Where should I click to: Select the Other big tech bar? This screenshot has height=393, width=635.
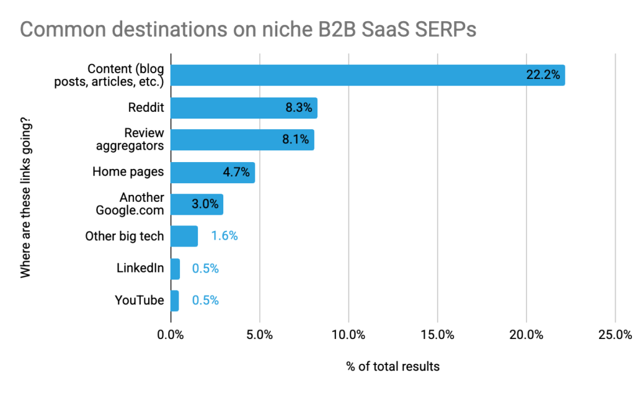(x=184, y=236)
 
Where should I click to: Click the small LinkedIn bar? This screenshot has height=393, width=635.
(x=175, y=268)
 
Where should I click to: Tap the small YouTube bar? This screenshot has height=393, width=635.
(x=174, y=300)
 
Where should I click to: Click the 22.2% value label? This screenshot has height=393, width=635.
(x=543, y=75)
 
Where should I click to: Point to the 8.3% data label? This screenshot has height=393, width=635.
(x=298, y=107)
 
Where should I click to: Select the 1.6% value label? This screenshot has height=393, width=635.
(x=224, y=236)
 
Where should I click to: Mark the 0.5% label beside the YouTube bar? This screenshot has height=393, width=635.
(x=205, y=300)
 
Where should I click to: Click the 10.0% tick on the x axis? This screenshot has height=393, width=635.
(x=349, y=335)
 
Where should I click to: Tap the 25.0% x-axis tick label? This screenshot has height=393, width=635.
(x=615, y=335)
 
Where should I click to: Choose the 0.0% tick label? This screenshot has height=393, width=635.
(x=171, y=335)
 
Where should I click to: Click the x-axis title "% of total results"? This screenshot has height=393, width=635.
(x=393, y=366)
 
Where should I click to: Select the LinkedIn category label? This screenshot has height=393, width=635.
(x=140, y=268)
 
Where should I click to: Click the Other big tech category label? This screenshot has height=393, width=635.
(x=125, y=236)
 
